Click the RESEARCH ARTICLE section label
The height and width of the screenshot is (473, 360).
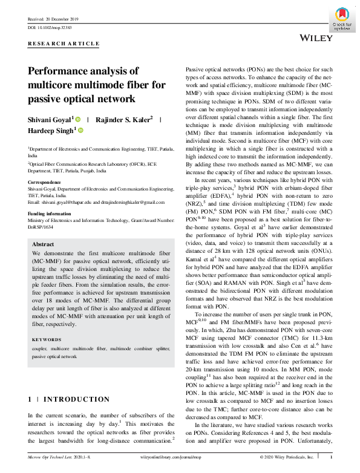coord(64,44)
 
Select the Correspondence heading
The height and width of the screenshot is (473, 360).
coord(45,182)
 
